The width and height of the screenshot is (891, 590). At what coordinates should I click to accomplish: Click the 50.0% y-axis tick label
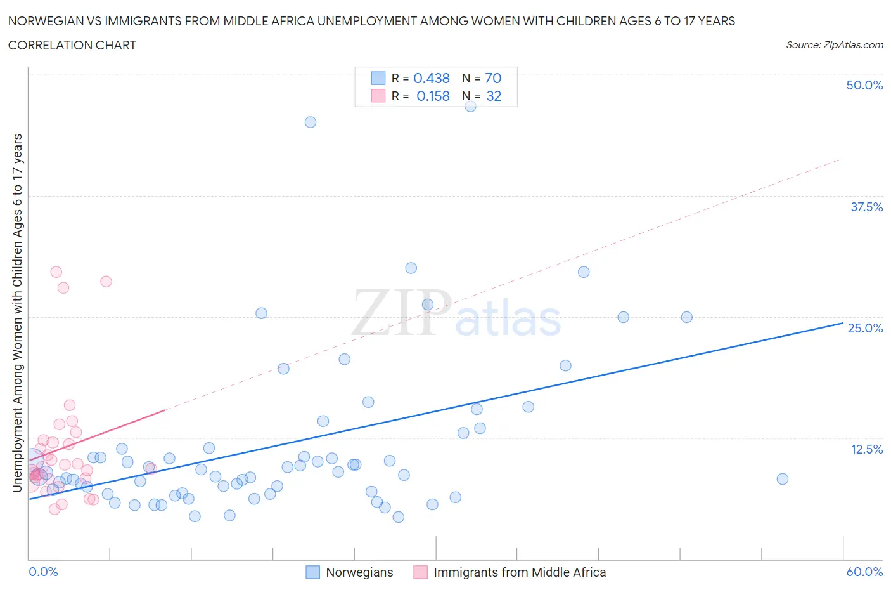[x=864, y=86]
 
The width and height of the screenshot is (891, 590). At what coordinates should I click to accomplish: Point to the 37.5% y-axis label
[x=866, y=207]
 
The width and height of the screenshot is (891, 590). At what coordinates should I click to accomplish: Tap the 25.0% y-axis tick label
[x=865, y=328]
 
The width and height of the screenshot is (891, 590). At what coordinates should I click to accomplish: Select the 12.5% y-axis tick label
[x=866, y=449]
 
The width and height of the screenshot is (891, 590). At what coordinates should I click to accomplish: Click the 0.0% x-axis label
[x=44, y=572]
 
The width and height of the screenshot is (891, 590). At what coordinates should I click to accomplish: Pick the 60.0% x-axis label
[x=864, y=572]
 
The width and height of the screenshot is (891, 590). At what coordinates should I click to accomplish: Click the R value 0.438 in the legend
[x=432, y=78]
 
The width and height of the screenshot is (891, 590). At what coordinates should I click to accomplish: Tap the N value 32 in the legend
[x=494, y=96]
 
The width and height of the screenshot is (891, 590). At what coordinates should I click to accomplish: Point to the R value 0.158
[x=433, y=96]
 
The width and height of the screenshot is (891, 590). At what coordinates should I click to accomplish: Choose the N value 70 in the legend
[x=493, y=78]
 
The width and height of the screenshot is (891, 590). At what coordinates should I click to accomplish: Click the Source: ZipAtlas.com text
[x=834, y=45]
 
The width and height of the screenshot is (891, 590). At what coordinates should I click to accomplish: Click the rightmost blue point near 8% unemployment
[x=783, y=479]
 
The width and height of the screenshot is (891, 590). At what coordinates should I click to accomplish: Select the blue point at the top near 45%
[x=311, y=122]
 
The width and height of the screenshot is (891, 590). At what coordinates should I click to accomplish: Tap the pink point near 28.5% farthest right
[x=106, y=282]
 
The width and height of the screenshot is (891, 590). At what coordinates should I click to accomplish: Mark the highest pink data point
[x=56, y=272]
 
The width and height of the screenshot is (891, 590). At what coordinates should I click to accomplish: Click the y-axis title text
[x=18, y=313]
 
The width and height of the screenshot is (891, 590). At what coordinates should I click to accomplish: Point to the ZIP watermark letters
[x=402, y=313]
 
